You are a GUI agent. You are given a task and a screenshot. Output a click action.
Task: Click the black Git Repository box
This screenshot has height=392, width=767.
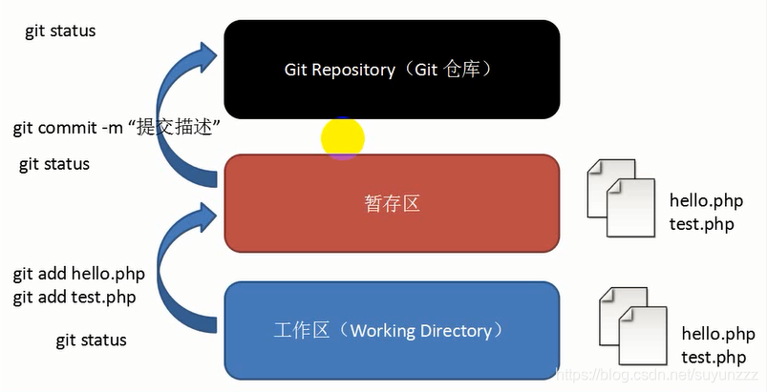tap(392, 70)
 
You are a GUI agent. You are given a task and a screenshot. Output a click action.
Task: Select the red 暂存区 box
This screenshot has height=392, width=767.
tap(392, 203)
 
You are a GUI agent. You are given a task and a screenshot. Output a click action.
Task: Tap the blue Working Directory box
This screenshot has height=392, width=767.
tap(392, 330)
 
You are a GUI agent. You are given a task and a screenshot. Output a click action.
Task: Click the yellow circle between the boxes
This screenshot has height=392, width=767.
tap(342, 138)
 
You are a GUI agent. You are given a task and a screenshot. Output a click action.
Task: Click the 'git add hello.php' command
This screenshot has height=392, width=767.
tap(79, 275)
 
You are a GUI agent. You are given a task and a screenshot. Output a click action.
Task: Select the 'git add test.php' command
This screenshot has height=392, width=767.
tap(75, 297)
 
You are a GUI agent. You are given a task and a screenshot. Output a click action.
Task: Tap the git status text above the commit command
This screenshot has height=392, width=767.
tap(60, 31)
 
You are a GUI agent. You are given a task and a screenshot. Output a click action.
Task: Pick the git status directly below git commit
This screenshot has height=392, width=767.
tap(54, 164)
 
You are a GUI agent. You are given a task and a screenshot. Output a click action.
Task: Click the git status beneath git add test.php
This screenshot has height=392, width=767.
tap(91, 340)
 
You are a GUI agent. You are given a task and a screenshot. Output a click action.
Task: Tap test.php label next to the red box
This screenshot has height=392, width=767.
tap(702, 224)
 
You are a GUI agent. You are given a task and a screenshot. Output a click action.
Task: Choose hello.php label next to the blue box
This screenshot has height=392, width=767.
tap(718, 335)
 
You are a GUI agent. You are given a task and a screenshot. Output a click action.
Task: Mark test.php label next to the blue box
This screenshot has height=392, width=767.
tap(714, 357)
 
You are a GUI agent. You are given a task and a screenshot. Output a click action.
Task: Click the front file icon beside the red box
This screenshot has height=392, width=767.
tap(630, 208)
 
